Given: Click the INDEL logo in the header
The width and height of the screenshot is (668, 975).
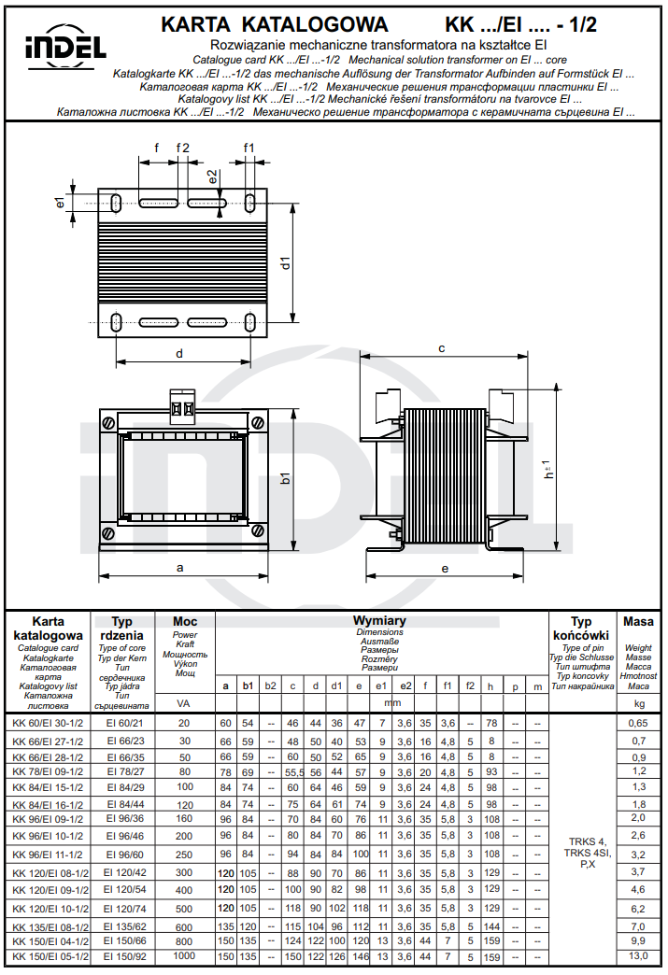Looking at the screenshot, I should click(64, 47).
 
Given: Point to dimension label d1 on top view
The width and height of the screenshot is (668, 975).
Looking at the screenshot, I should click(287, 263).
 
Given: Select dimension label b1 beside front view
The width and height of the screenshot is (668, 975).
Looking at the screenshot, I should click(286, 478).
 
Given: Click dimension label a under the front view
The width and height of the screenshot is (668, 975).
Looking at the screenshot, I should click(179, 567).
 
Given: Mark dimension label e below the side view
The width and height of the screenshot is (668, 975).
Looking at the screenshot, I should click(445, 568).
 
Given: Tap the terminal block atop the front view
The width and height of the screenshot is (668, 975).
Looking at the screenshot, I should click(180, 408).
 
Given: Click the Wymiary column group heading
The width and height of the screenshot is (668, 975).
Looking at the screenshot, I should click(378, 621).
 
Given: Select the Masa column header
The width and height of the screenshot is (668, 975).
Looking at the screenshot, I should click(638, 622).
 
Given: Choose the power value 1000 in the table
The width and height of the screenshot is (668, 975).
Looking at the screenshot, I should click(184, 957).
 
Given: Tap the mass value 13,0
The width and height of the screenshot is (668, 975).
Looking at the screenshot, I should click(638, 957).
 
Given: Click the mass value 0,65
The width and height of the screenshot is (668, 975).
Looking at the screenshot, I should click(638, 723).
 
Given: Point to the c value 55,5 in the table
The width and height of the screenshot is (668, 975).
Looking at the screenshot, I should click(293, 772).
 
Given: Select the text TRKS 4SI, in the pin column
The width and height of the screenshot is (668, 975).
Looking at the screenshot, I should click(587, 853).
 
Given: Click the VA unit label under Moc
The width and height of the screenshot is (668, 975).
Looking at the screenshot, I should click(184, 701).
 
